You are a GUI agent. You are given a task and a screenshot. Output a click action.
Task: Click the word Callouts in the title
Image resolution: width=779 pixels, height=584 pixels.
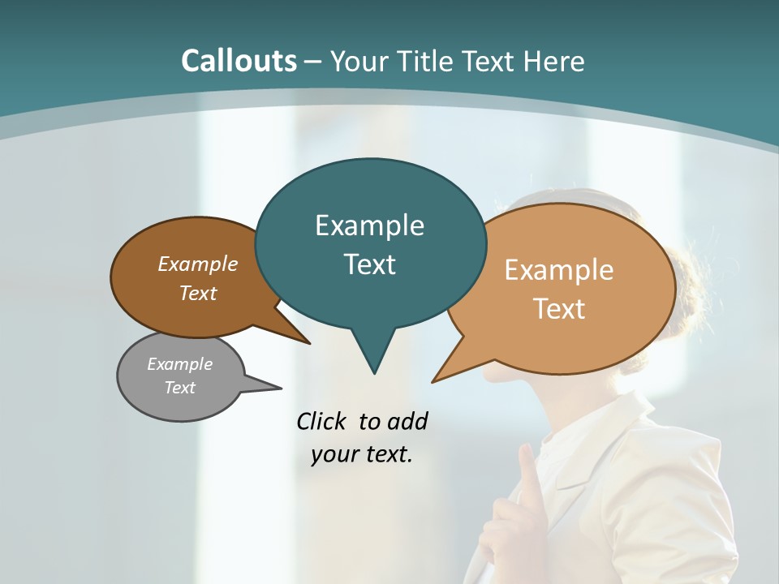pos(239,61)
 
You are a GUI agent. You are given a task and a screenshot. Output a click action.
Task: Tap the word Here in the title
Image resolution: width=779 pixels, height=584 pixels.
pos(554,62)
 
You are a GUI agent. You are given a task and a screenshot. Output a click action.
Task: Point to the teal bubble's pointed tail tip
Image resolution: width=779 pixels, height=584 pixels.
pos(374,372)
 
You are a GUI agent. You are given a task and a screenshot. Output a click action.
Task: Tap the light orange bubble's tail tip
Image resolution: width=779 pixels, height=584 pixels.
pos(435,380)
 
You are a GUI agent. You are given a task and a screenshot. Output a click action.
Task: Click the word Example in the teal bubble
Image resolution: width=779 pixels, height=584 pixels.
pos(369,225)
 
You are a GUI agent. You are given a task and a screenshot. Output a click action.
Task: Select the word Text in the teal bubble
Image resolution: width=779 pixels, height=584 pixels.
pos(369,264)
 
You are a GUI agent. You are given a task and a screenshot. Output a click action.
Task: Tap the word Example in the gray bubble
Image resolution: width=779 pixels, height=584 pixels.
pos(179,364)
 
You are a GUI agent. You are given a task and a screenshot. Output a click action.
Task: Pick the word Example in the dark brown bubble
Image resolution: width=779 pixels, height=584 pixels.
pos(198,264)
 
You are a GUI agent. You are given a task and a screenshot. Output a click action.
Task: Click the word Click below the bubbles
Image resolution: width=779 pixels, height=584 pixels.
pos(321,421)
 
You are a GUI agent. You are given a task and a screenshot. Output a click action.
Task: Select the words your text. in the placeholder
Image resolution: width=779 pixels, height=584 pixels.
pos(362,454)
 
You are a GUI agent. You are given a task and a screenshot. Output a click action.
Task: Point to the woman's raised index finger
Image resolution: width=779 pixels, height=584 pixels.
pos(527,462)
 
